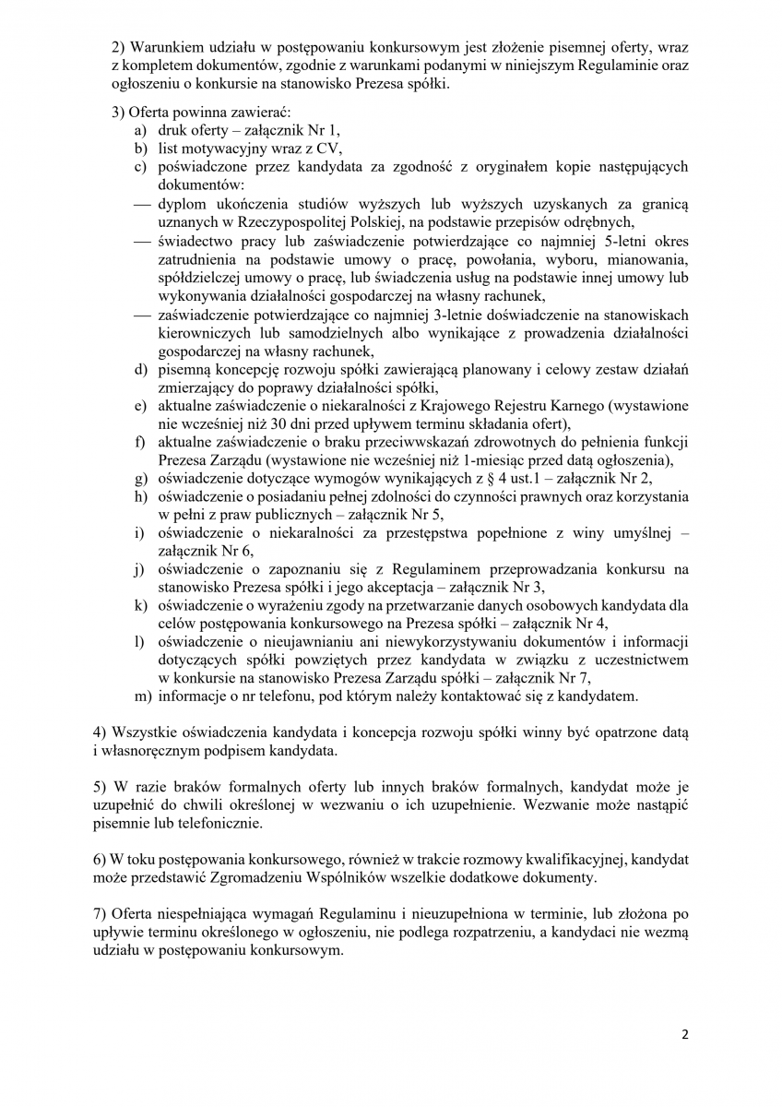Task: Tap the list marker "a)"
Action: click(141, 131)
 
